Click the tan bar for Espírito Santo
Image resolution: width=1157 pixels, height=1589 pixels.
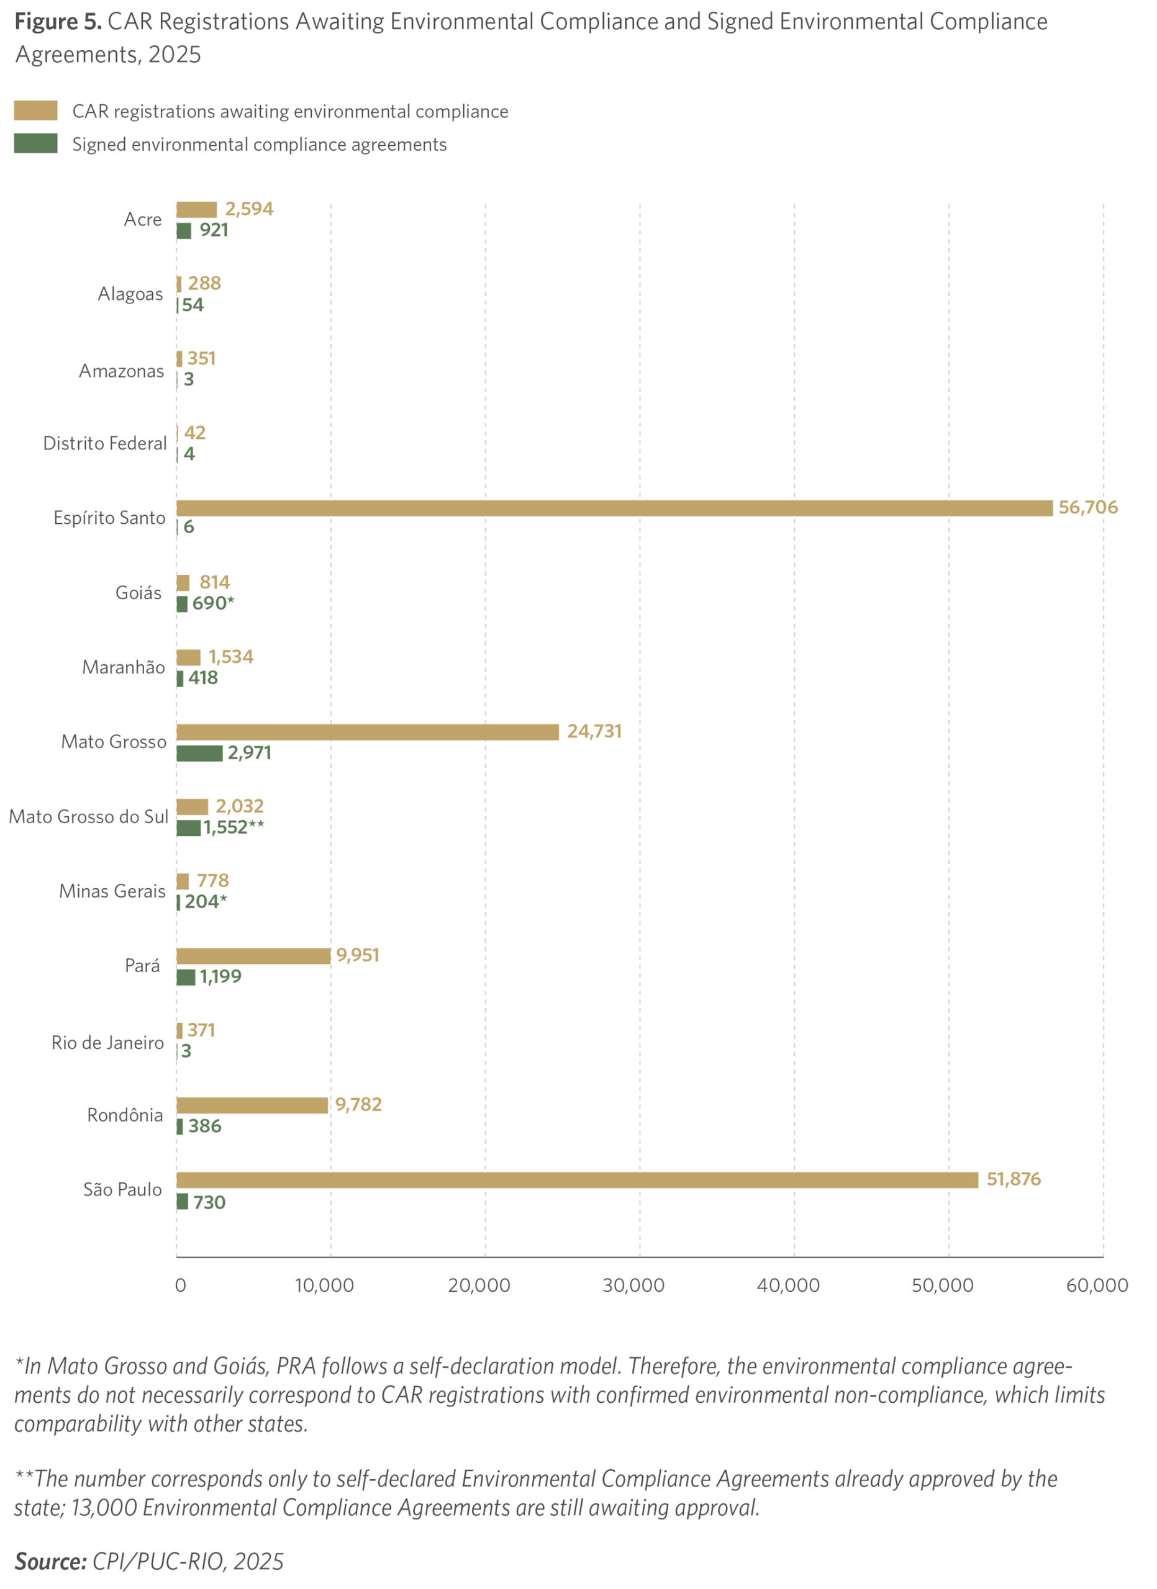(614, 508)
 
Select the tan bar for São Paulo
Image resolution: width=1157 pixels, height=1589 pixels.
(577, 1180)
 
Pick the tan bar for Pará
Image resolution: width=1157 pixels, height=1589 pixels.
(253, 956)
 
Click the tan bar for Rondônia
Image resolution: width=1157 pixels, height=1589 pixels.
(252, 1105)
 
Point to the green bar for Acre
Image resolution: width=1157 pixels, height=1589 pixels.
(184, 230)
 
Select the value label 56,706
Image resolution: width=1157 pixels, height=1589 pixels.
(1087, 507)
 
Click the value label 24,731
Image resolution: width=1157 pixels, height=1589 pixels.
(594, 731)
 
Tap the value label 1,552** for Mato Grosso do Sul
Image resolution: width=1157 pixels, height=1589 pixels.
(234, 827)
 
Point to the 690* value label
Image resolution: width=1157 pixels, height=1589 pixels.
(213, 603)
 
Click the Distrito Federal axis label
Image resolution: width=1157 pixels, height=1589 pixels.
(105, 443)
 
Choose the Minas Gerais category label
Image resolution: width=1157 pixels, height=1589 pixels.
(112, 891)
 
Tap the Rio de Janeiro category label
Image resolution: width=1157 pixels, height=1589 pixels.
(107, 1043)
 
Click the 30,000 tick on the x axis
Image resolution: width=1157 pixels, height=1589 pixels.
(633, 1285)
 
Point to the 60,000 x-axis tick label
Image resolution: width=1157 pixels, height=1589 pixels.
(1097, 1285)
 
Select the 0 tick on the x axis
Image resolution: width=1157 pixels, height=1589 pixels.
(180, 1285)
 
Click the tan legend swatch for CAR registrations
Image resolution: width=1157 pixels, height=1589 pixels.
(36, 110)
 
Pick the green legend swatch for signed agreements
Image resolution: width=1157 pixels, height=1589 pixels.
(36, 143)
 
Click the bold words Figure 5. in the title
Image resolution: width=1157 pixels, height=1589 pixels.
(58, 22)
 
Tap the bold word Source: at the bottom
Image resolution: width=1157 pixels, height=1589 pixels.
(50, 1562)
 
